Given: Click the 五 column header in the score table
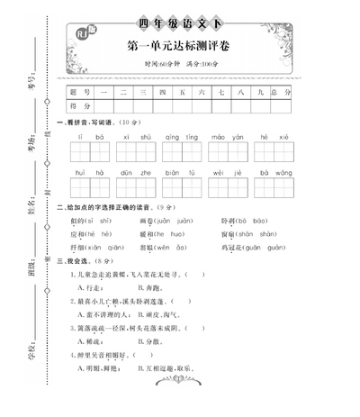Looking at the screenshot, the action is (x=183, y=92).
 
